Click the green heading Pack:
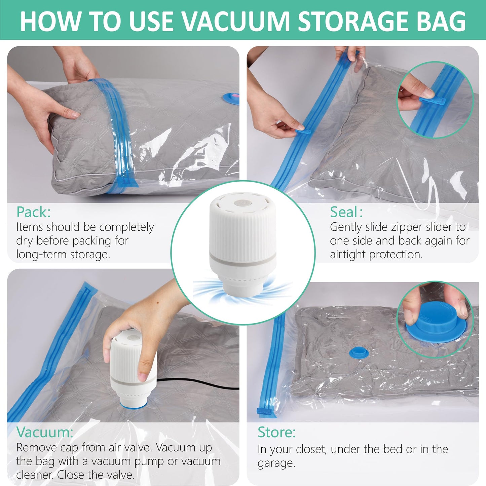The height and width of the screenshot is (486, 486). pos(34,212)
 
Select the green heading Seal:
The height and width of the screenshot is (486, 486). pos(346,212)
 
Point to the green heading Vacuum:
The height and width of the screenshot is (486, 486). pos(44,432)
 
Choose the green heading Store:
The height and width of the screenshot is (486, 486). pos(276,432)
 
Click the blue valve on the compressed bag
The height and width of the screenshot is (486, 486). pos(359,353)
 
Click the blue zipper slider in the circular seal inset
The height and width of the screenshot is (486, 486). pos(433,101)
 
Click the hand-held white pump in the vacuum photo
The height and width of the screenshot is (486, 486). pos(133,367)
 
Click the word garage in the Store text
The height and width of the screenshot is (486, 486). pos(276,463)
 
